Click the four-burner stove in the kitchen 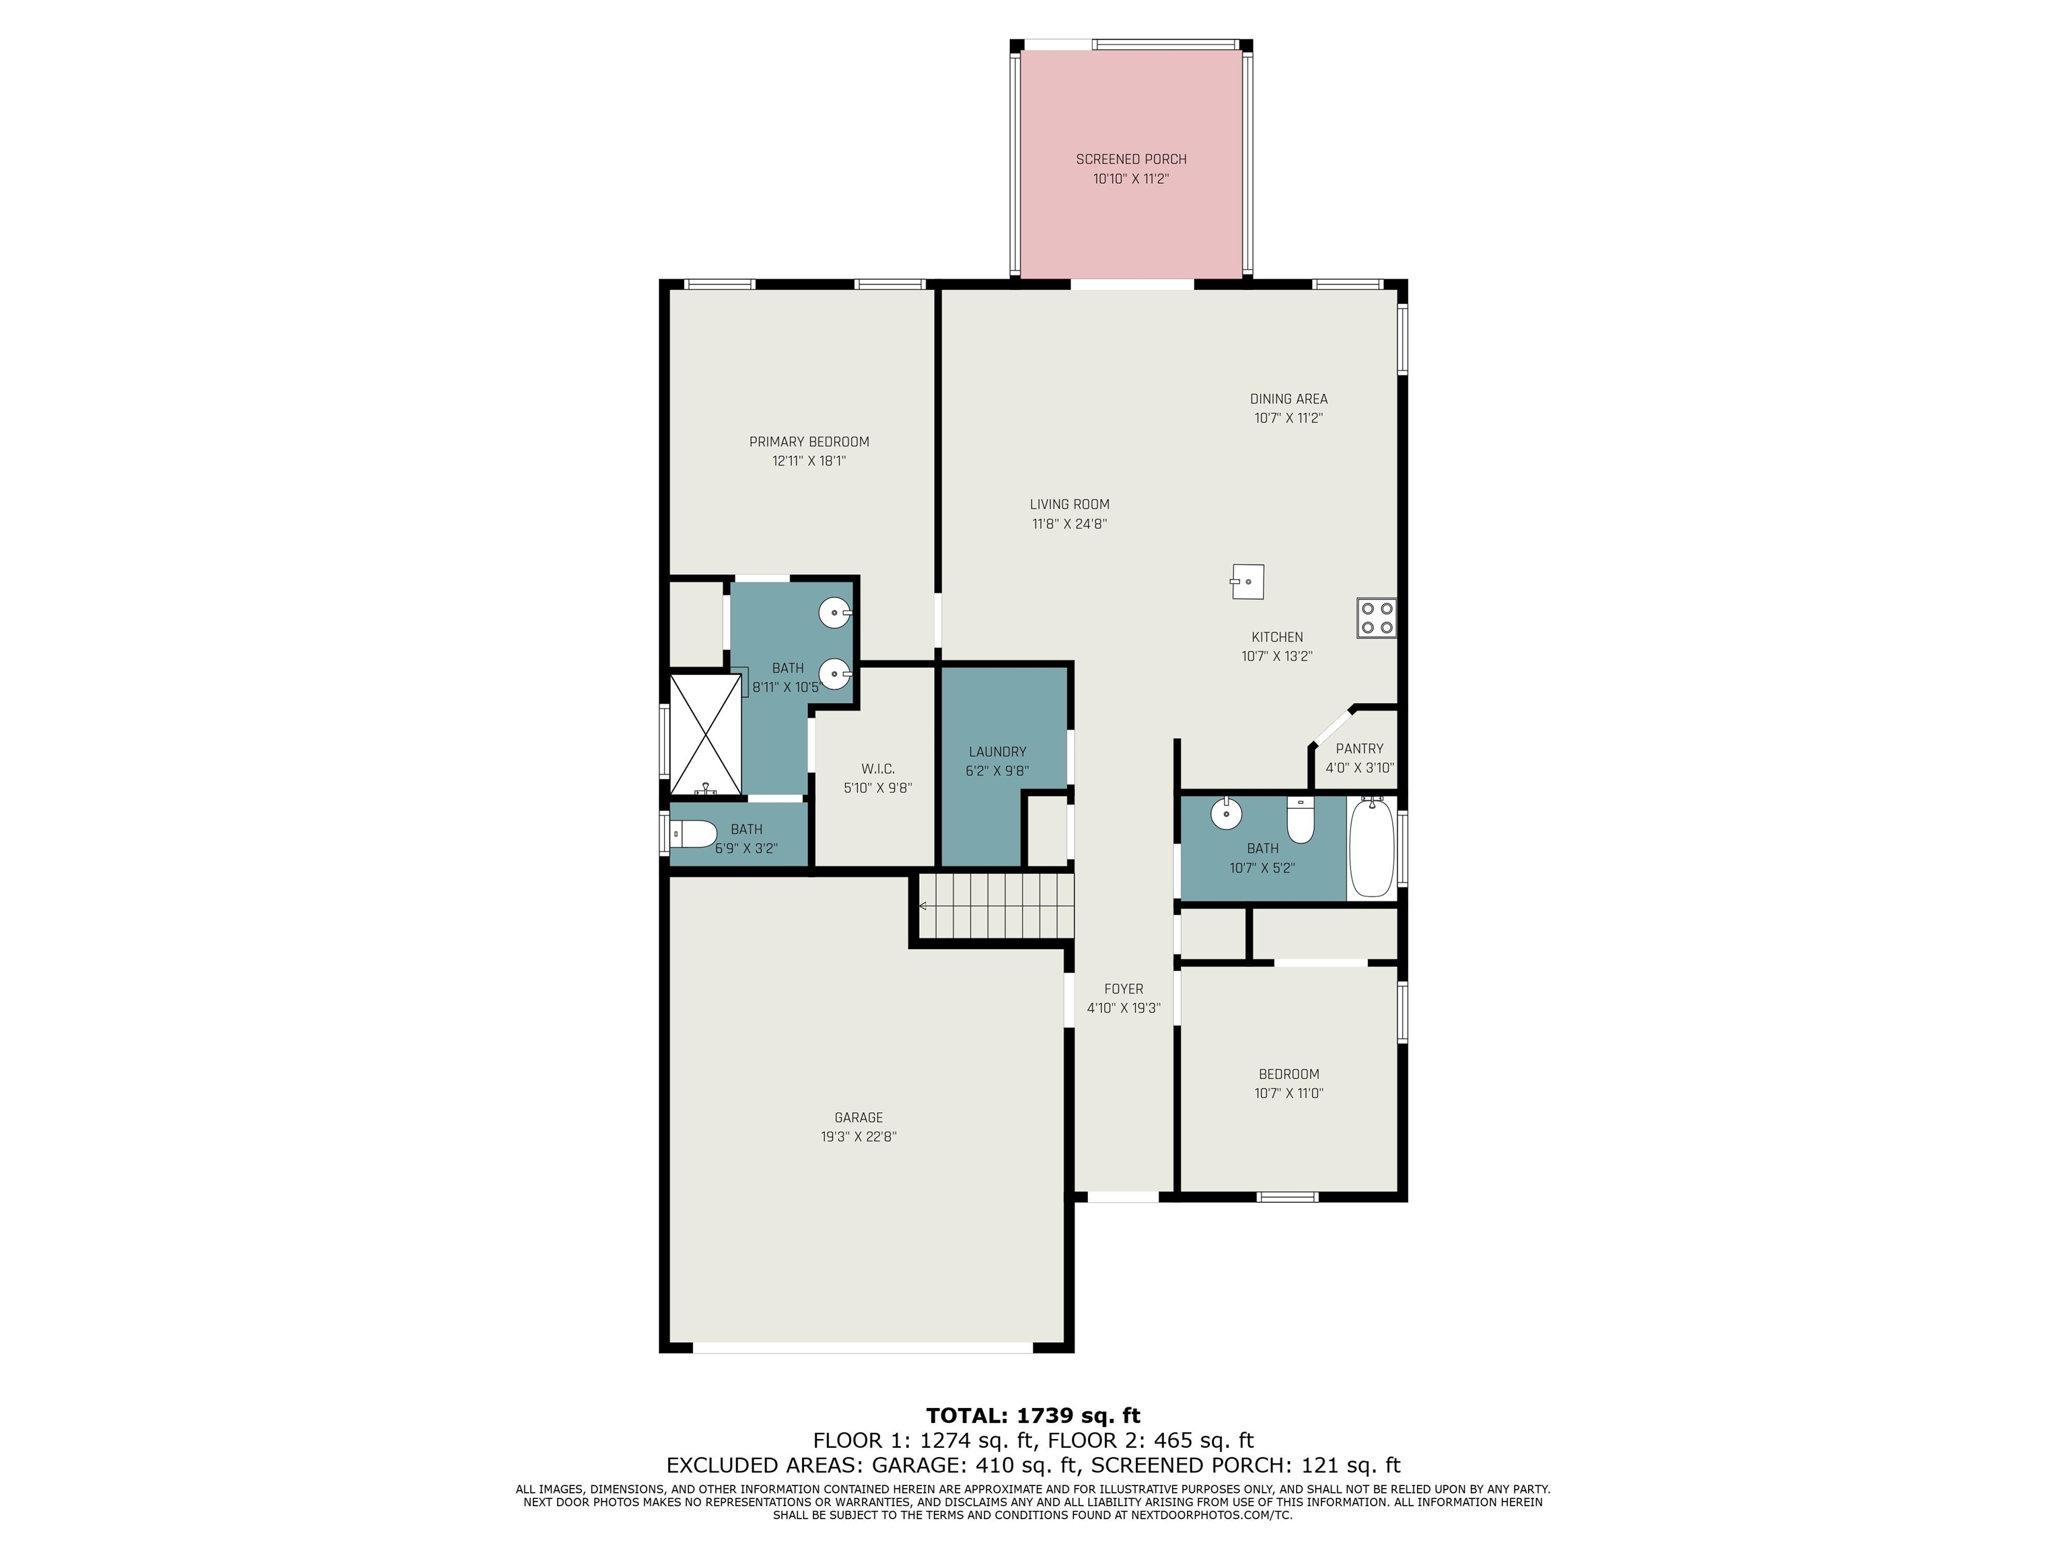pos(1377,618)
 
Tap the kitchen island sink pos(1247,581)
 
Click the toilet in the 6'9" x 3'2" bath pos(693,832)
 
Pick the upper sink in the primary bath pos(834,614)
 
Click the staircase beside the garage pos(995,906)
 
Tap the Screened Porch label pos(1130,159)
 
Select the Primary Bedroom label pos(809,442)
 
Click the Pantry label pos(1360,748)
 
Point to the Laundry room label pos(997,751)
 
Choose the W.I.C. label pos(877,769)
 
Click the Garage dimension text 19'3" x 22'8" pos(859,1137)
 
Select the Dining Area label pos(1289,399)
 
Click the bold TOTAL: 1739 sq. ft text pos(1033,1415)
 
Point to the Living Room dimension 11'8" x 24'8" pos(1070,524)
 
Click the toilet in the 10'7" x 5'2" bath pos(1301,819)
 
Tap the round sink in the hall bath pos(1226,814)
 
